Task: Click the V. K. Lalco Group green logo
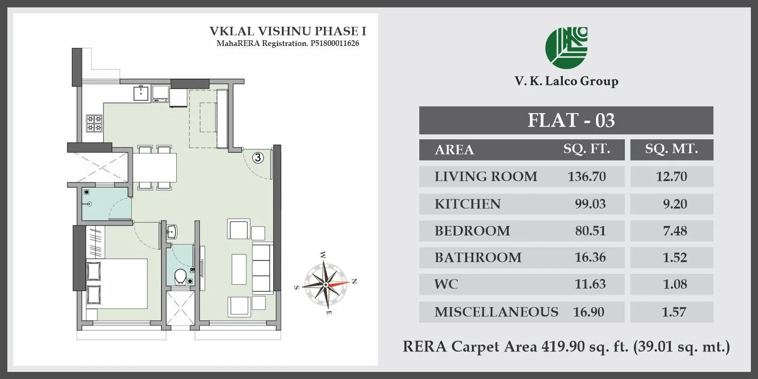(x=566, y=47)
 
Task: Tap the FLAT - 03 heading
(x=571, y=120)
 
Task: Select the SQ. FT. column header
(x=587, y=149)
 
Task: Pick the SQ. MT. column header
(x=671, y=149)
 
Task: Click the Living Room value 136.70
(x=587, y=176)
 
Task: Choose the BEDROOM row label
(x=472, y=231)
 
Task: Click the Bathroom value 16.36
(x=590, y=257)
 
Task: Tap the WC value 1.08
(x=675, y=284)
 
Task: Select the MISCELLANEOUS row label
(x=496, y=312)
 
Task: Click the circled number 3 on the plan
(x=258, y=158)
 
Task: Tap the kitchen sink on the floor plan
(x=141, y=93)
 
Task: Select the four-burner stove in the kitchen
(x=94, y=123)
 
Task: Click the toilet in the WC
(x=180, y=277)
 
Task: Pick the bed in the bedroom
(x=117, y=283)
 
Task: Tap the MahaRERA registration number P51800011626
(x=334, y=44)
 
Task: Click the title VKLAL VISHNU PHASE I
(x=288, y=31)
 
